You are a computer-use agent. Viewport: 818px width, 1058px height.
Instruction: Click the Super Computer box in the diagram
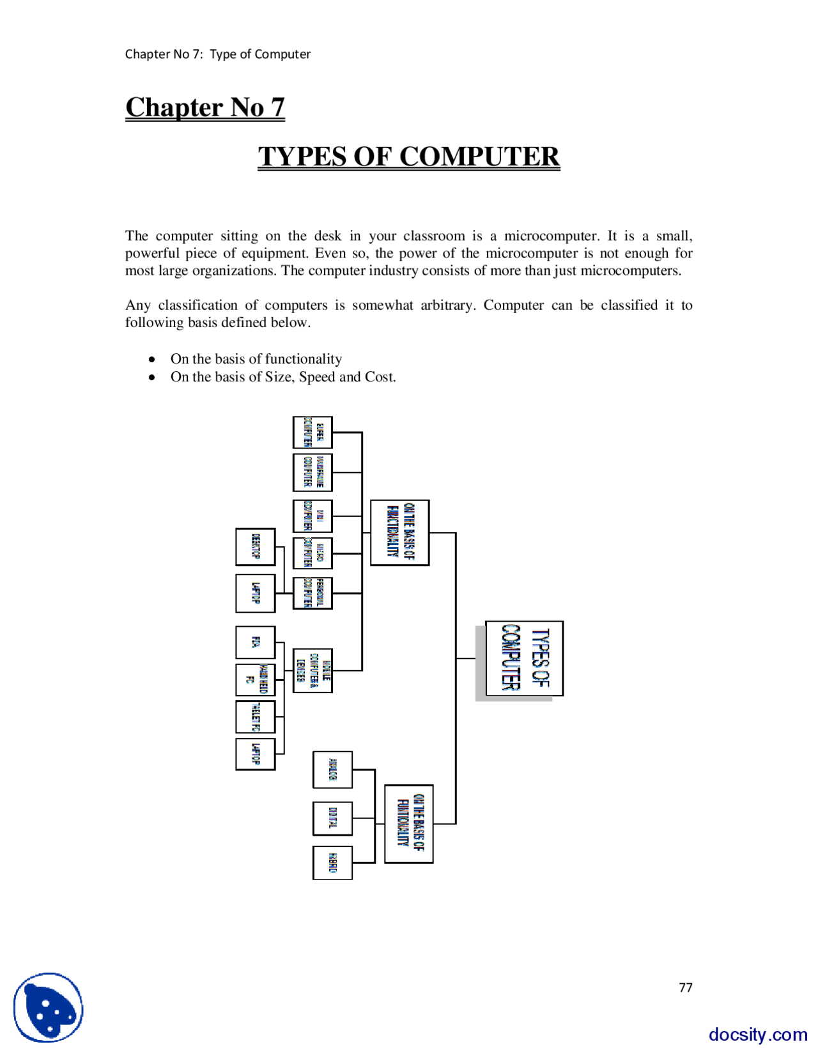pyautogui.click(x=313, y=433)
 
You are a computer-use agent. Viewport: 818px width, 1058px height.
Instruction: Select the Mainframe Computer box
pyautogui.click(x=313, y=472)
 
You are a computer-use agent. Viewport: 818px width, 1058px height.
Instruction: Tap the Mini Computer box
pyautogui.click(x=313, y=516)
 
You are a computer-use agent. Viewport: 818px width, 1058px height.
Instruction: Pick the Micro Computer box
pyautogui.click(x=313, y=553)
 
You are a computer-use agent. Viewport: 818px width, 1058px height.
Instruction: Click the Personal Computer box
pyautogui.click(x=313, y=593)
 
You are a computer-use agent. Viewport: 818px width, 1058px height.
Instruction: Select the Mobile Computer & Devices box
pyautogui.click(x=313, y=670)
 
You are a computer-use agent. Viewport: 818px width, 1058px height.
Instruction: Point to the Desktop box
pyautogui.click(x=256, y=547)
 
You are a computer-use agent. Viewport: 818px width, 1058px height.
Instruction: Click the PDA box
pyautogui.click(x=256, y=642)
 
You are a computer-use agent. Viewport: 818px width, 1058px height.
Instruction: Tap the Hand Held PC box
pyautogui.click(x=256, y=680)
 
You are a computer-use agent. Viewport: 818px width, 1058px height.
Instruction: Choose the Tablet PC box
pyautogui.click(x=256, y=717)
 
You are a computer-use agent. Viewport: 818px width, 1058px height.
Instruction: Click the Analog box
pyautogui.click(x=332, y=770)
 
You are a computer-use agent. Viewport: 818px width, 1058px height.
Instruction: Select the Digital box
pyautogui.click(x=332, y=818)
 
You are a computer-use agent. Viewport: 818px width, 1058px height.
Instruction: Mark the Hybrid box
pyautogui.click(x=332, y=862)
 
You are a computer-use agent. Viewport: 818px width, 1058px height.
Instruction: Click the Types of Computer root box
pyautogui.click(x=524, y=658)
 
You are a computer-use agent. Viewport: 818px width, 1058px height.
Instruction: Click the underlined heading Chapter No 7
pyautogui.click(x=205, y=107)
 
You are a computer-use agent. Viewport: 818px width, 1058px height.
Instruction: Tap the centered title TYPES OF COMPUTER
pyautogui.click(x=409, y=157)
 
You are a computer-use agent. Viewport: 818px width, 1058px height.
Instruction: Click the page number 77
pyautogui.click(x=686, y=988)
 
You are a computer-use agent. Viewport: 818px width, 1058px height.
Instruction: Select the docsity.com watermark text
pyautogui.click(x=758, y=1034)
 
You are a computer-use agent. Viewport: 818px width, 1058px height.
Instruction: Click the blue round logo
pyautogui.click(x=49, y=1008)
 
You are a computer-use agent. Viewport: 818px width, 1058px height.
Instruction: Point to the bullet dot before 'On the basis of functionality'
pyautogui.click(x=152, y=359)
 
